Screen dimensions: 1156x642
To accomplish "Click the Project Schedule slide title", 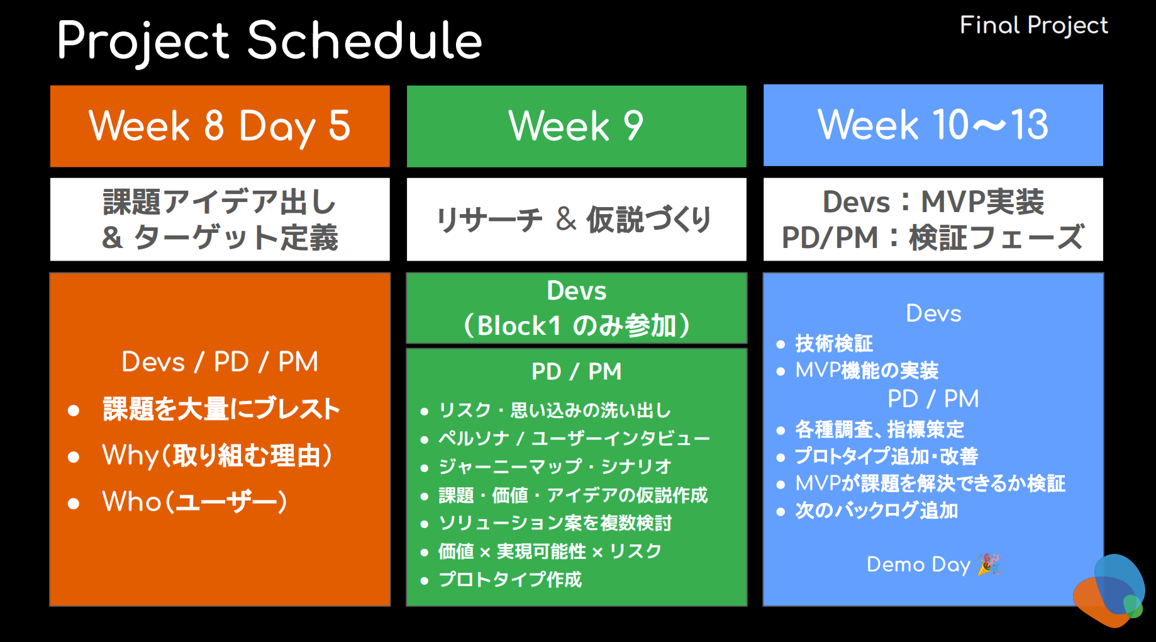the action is pyautogui.click(x=269, y=42).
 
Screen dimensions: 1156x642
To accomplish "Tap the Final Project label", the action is pyautogui.click(x=1033, y=25).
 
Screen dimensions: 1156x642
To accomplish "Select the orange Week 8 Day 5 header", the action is pyautogui.click(x=220, y=126).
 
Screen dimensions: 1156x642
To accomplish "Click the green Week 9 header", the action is pyautogui.click(x=577, y=126).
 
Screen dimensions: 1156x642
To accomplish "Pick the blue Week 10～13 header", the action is pyautogui.click(x=933, y=125).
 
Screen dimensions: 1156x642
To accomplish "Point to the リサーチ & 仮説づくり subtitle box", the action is pyautogui.click(x=577, y=219).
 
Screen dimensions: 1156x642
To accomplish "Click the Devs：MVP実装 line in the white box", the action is pyautogui.click(x=933, y=202).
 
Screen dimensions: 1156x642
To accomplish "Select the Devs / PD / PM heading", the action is pyautogui.click(x=220, y=362).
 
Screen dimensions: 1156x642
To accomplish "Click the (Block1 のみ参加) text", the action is pyautogui.click(x=577, y=325).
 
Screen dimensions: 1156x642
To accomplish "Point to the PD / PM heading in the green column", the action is pyautogui.click(x=576, y=371).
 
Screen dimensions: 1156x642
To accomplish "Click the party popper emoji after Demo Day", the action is pyautogui.click(x=989, y=565).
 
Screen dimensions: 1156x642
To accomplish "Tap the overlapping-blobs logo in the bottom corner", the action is pyautogui.click(x=1109, y=590).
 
